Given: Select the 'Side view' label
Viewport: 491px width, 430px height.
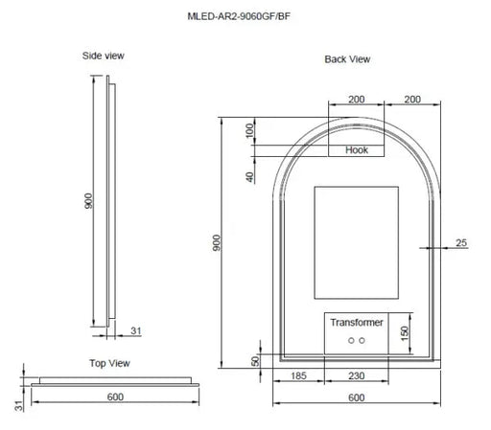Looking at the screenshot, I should coord(104,57).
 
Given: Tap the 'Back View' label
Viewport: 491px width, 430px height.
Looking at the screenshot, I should coord(347,59).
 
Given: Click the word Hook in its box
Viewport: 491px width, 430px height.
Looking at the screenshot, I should coord(357,149).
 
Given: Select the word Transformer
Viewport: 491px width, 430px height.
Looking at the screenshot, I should coord(357,323).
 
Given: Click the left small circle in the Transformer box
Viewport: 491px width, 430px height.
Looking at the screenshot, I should coord(351,341).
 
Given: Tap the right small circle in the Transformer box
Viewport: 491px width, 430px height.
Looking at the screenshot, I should coord(363,341).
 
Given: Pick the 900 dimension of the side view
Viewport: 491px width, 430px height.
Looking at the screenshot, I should coord(87,201).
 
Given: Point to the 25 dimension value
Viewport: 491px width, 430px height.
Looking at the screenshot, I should coord(460,243).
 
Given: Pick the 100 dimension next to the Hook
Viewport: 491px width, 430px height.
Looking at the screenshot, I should coord(249,130).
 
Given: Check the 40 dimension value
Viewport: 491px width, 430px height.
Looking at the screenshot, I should coord(249,175).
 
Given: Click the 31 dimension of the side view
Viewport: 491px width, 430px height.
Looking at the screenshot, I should coord(135,330).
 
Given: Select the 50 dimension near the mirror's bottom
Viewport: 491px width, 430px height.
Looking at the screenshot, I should coord(255,360).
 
